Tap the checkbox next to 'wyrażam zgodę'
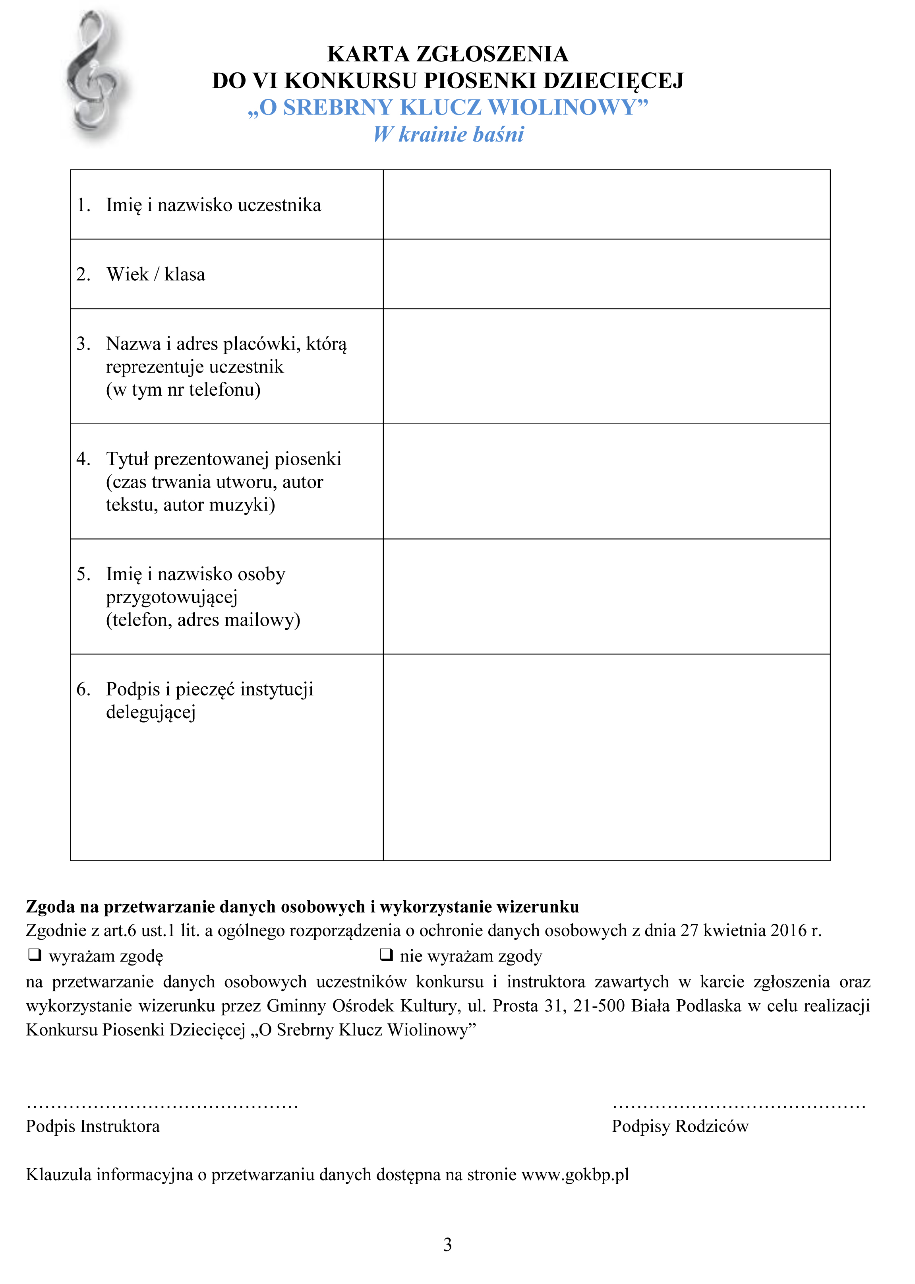(x=35, y=954)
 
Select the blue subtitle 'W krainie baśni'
(x=449, y=134)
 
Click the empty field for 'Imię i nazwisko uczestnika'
(x=606, y=205)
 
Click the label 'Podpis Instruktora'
(x=93, y=1126)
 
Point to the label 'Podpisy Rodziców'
(x=680, y=1126)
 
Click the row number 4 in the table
(x=83, y=458)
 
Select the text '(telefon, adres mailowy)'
(x=203, y=620)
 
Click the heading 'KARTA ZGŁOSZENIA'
(x=448, y=54)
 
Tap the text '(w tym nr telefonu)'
(x=183, y=390)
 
